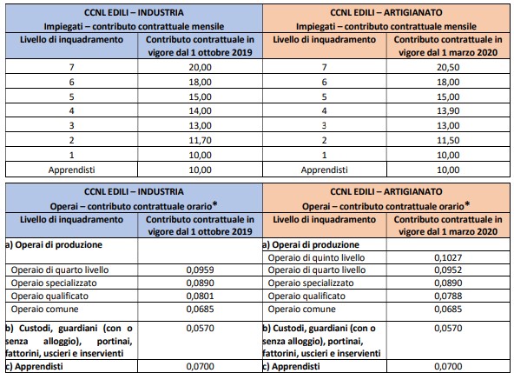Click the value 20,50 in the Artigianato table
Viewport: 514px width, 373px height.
pos(448,67)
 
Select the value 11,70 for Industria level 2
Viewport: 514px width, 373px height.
pos(200,141)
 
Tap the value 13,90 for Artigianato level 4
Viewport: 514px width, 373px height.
pos(448,111)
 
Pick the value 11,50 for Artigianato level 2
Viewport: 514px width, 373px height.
pos(448,141)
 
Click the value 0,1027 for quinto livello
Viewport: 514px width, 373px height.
pos(448,257)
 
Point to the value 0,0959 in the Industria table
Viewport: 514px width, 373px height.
pos(200,270)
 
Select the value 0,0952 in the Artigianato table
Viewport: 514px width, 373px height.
pos(448,270)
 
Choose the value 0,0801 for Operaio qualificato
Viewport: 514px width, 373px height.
pos(200,296)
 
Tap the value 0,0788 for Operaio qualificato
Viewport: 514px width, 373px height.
pos(448,296)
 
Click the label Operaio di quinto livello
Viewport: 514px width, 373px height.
pos(316,257)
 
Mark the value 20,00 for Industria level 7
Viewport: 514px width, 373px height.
pos(200,67)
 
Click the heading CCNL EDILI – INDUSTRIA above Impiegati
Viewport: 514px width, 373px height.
pos(134,13)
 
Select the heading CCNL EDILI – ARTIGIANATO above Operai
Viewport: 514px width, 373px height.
pos(386,192)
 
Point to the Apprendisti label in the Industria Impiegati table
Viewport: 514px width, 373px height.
pos(71,170)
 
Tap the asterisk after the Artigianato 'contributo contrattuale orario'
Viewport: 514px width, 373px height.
pos(467,204)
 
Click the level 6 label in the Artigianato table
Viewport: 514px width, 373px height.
pos(324,82)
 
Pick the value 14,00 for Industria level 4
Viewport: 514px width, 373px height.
pos(200,111)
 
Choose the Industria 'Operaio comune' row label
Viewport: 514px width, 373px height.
pos(44,309)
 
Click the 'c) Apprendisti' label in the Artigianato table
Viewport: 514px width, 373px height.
pos(291,366)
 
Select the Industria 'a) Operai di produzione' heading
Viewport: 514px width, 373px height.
pos(54,245)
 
